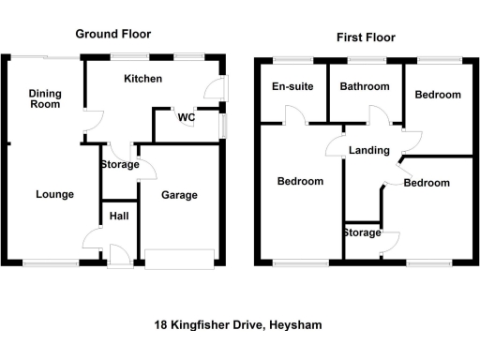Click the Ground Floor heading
pos(112,34)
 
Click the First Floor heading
pos(366,37)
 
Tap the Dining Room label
pos(44,98)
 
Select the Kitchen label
pos(142,79)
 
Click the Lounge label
pos(54,194)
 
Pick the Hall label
pos(119,217)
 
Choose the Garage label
pos(179,195)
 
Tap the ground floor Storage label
pos(118,165)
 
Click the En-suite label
pos(291,86)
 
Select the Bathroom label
pos(365,86)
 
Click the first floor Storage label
pos(361,232)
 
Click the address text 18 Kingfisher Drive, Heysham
pos(238,325)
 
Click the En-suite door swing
pos(294,116)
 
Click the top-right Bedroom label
pos(438,95)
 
